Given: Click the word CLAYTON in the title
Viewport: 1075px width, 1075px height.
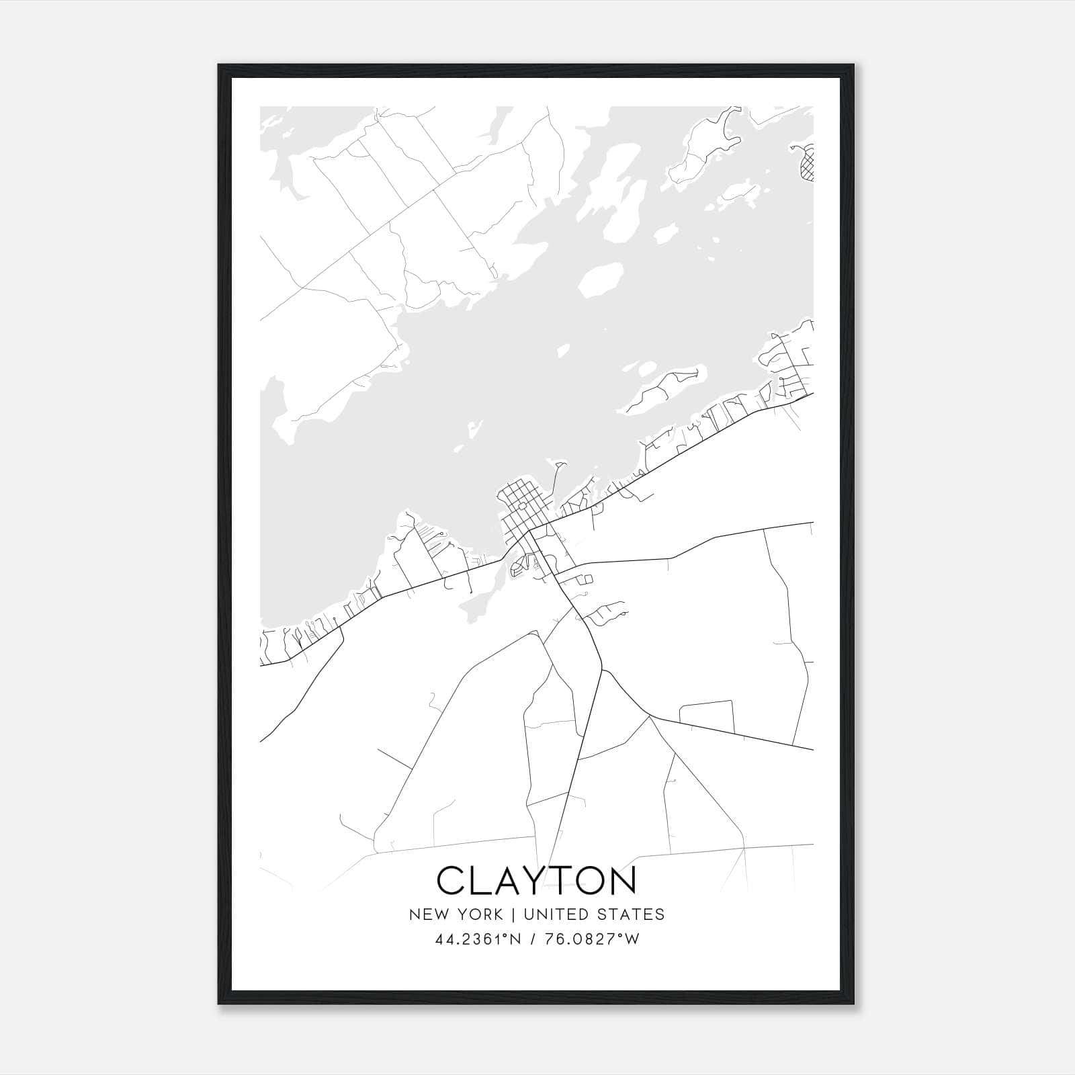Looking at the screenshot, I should [x=537, y=880].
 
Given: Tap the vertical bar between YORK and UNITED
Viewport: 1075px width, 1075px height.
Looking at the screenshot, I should [x=513, y=914].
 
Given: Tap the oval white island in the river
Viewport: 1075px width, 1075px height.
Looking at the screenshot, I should [x=599, y=278].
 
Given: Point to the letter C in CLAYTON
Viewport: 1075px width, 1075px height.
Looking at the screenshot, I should [x=451, y=880].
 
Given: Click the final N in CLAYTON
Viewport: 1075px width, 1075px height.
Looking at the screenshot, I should [x=621, y=880].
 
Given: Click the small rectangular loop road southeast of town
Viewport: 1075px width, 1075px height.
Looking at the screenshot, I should [x=707, y=716].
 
